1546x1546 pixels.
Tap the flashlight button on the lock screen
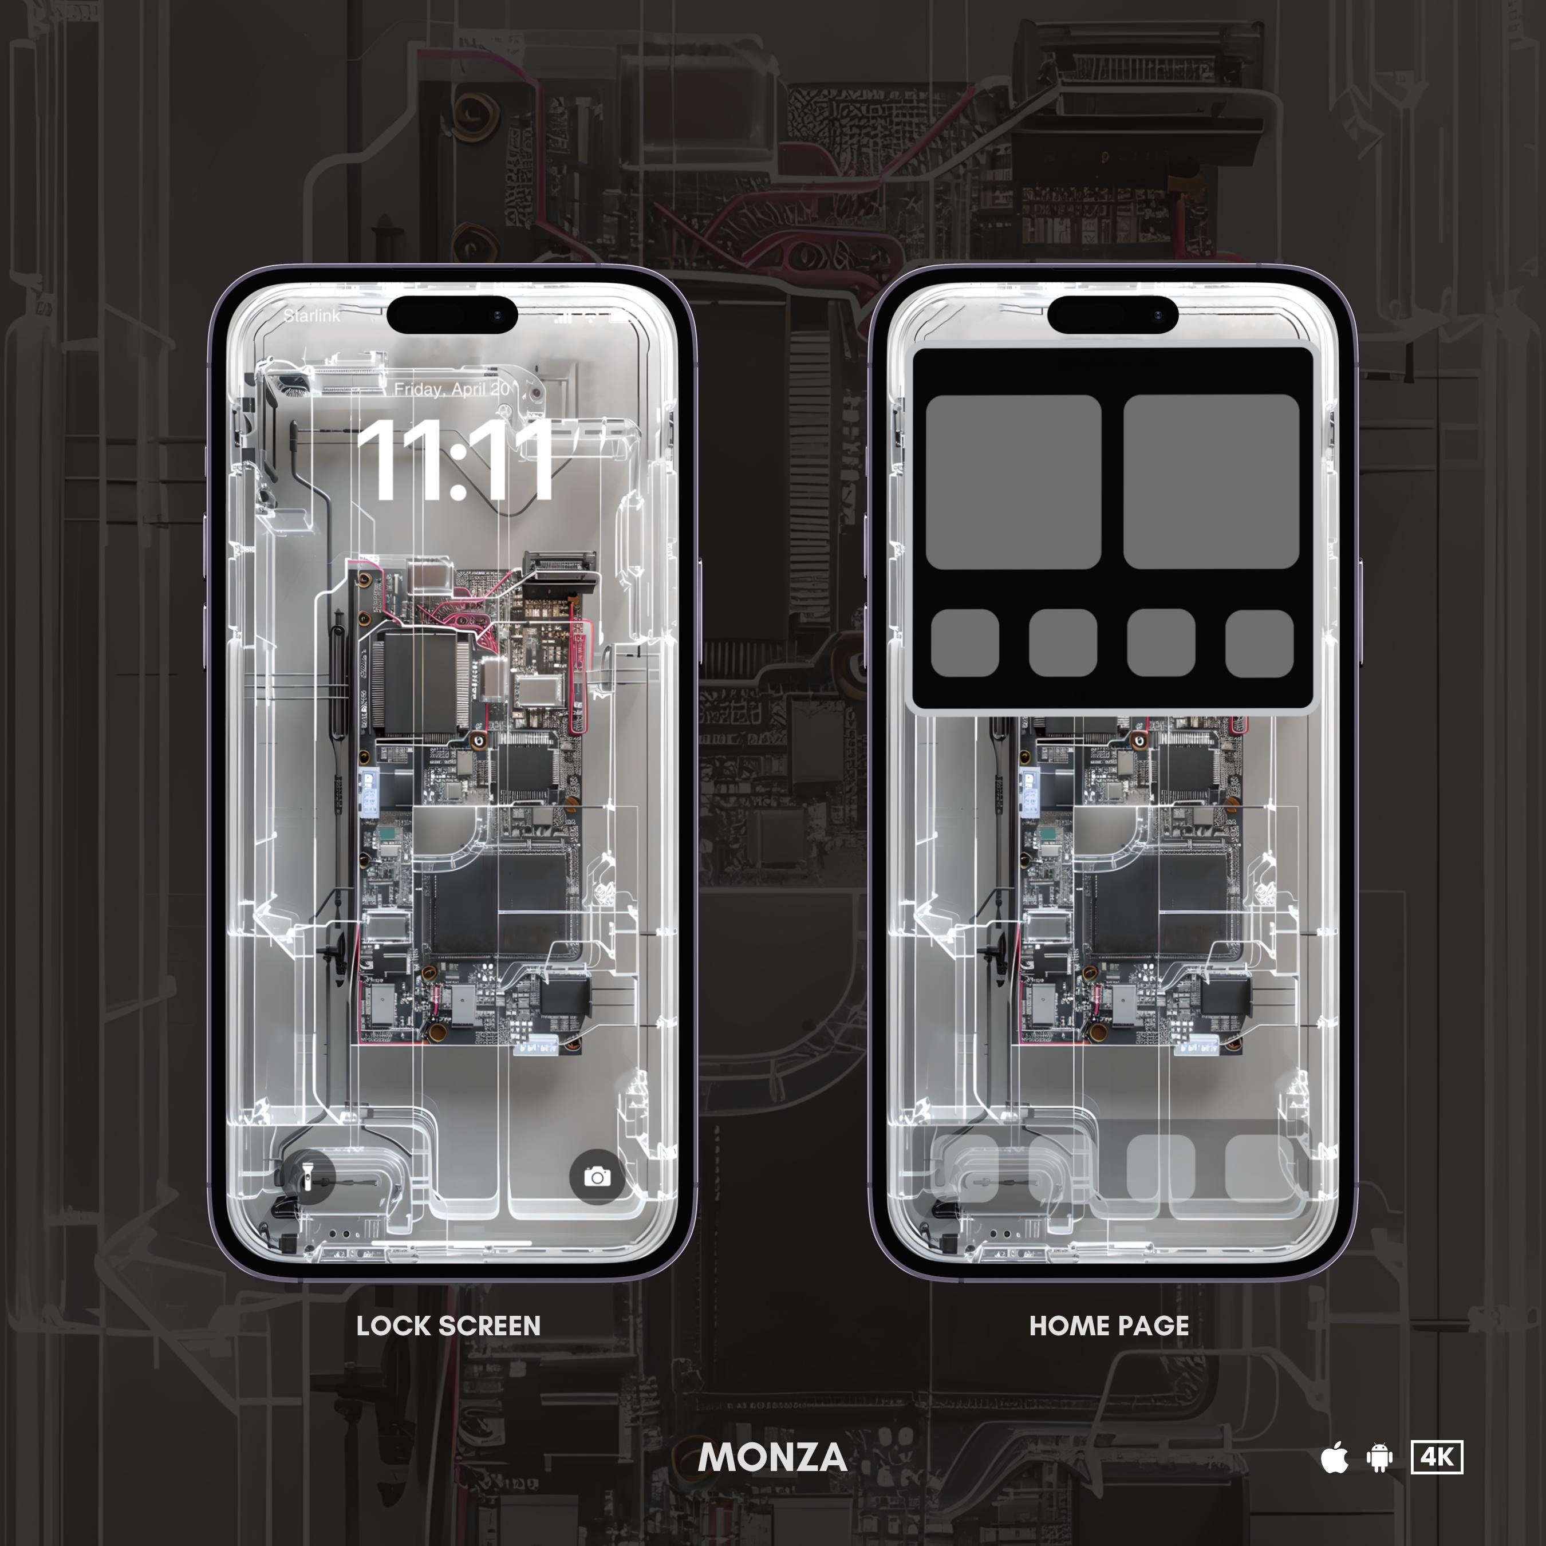(306, 1176)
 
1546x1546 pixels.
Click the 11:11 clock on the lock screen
(453, 463)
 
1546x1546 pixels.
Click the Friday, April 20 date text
(452, 390)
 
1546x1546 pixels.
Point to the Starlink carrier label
(311, 316)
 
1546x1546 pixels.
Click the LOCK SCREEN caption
(448, 1326)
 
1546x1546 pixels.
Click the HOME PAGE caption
(1109, 1326)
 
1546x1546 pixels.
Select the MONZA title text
(772, 1457)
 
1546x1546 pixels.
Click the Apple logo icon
(1334, 1457)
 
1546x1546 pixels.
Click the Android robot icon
(1379, 1457)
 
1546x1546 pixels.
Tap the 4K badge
(1437, 1457)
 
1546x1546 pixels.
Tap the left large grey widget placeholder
(1013, 482)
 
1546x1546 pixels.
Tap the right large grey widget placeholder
(1210, 482)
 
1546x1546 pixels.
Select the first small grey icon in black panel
(965, 644)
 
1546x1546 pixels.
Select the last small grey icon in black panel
(1259, 644)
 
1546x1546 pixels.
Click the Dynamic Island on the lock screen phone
(452, 315)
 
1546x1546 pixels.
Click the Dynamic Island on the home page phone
(1113, 315)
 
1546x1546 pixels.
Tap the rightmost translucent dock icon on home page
(1259, 1168)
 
